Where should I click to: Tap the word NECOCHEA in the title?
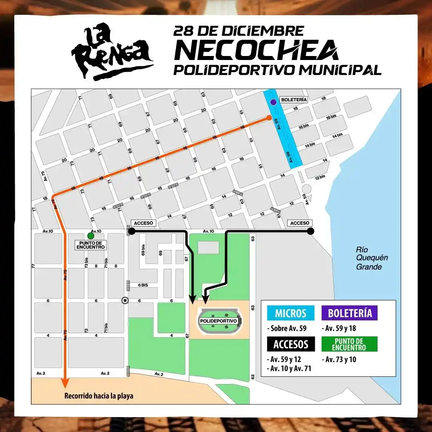pyautogui.click(x=256, y=50)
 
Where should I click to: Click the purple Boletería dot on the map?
pyautogui.click(x=273, y=102)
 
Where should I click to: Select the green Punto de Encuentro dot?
pyautogui.click(x=91, y=236)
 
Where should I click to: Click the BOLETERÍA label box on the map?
pyautogui.click(x=294, y=100)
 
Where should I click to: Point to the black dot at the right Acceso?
pyautogui.click(x=311, y=231)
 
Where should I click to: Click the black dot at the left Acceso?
pyautogui.click(x=132, y=231)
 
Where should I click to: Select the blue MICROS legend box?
pyautogui.click(x=291, y=313)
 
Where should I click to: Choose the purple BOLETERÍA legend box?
pyautogui.click(x=350, y=313)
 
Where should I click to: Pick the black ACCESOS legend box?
pyautogui.click(x=291, y=344)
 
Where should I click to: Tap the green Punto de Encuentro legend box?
pyautogui.click(x=350, y=344)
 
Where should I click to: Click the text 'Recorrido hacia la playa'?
pyautogui.click(x=99, y=396)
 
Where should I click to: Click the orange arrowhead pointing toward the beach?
pyautogui.click(x=64, y=384)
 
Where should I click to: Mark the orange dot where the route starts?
pyautogui.click(x=269, y=118)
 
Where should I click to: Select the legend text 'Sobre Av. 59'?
pyautogui.click(x=286, y=328)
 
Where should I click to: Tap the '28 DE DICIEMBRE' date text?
pyautogui.click(x=238, y=31)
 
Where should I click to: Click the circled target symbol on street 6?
pyautogui.click(x=125, y=300)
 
